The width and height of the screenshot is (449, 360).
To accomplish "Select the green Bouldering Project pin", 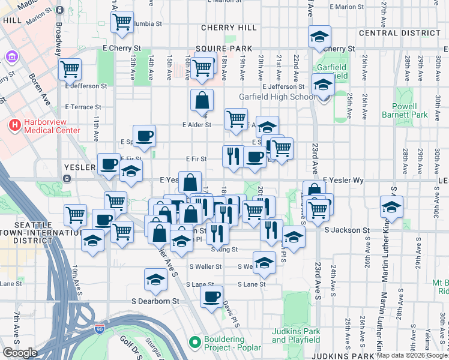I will point(194,343).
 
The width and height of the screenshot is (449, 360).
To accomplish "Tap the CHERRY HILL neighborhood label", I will point(229,28).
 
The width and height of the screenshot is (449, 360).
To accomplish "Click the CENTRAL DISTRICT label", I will point(399,32).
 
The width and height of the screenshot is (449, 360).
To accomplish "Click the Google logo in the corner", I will point(20,352).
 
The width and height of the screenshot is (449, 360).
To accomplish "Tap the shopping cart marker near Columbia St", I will point(122,22).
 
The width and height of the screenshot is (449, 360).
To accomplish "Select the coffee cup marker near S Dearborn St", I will point(211,296).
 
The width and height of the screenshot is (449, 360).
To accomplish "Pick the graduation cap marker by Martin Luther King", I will point(391,207).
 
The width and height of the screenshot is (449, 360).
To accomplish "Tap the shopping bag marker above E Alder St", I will point(202,100).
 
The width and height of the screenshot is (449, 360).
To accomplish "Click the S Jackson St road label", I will point(346,230).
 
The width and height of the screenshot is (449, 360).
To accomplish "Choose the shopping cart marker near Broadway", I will point(70,68).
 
